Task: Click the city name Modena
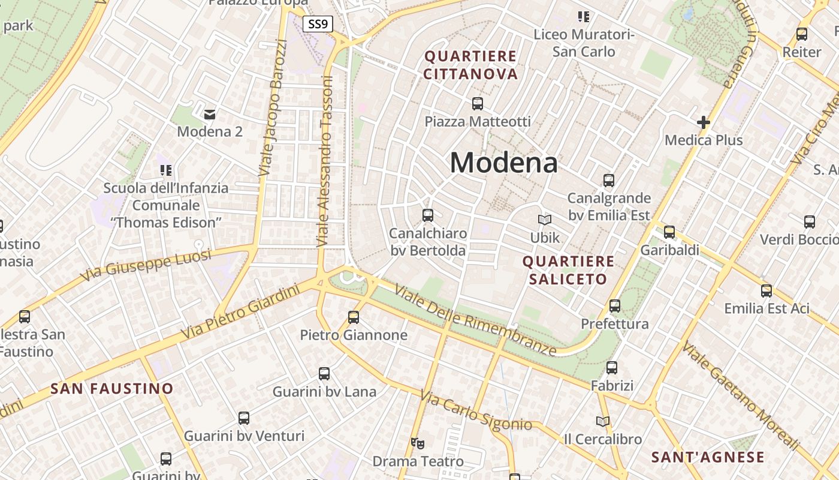tap(503, 163)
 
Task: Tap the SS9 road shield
tap(318, 25)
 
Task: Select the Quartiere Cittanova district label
tap(470, 65)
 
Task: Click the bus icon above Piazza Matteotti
tap(478, 104)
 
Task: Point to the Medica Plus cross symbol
tap(704, 122)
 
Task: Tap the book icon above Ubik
tap(544, 220)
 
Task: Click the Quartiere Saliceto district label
tap(568, 270)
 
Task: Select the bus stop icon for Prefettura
tap(615, 306)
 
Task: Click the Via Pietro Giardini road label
tap(240, 312)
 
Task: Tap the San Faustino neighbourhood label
tap(111, 388)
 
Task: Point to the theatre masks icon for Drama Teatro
tap(418, 443)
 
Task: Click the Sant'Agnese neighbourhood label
tap(708, 457)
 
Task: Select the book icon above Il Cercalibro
tap(603, 421)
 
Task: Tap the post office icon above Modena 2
tap(210, 113)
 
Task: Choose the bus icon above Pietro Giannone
tap(354, 317)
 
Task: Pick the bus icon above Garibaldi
tap(669, 232)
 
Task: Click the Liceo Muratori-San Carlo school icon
tap(583, 17)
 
